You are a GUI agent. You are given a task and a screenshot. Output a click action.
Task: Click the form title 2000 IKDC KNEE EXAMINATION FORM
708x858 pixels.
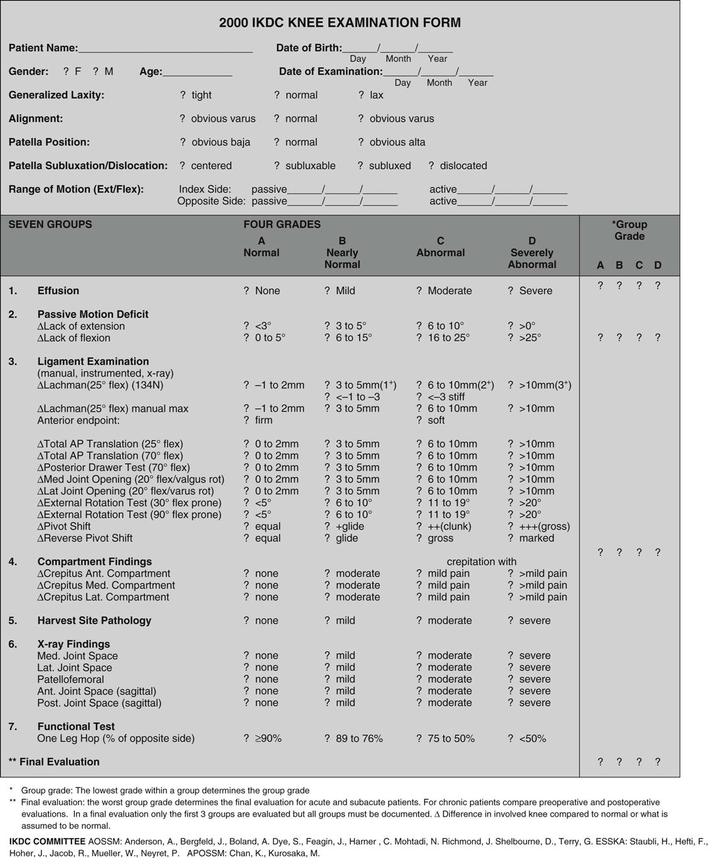point(340,23)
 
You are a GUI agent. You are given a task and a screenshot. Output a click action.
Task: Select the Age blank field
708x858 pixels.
point(197,73)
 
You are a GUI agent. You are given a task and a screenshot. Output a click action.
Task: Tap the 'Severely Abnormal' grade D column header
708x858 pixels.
point(532,253)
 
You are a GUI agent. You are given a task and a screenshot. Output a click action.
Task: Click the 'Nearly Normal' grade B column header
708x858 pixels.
point(342,253)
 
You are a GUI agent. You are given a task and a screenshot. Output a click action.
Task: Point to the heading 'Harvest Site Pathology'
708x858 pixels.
point(94,621)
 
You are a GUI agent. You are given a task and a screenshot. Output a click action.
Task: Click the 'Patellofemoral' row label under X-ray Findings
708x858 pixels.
point(70,680)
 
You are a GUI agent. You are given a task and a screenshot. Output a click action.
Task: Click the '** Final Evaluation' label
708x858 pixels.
point(54,762)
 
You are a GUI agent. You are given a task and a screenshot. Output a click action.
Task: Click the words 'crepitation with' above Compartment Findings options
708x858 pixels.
point(481,562)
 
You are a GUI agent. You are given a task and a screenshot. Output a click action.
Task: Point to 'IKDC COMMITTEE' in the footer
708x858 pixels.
point(47,841)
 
